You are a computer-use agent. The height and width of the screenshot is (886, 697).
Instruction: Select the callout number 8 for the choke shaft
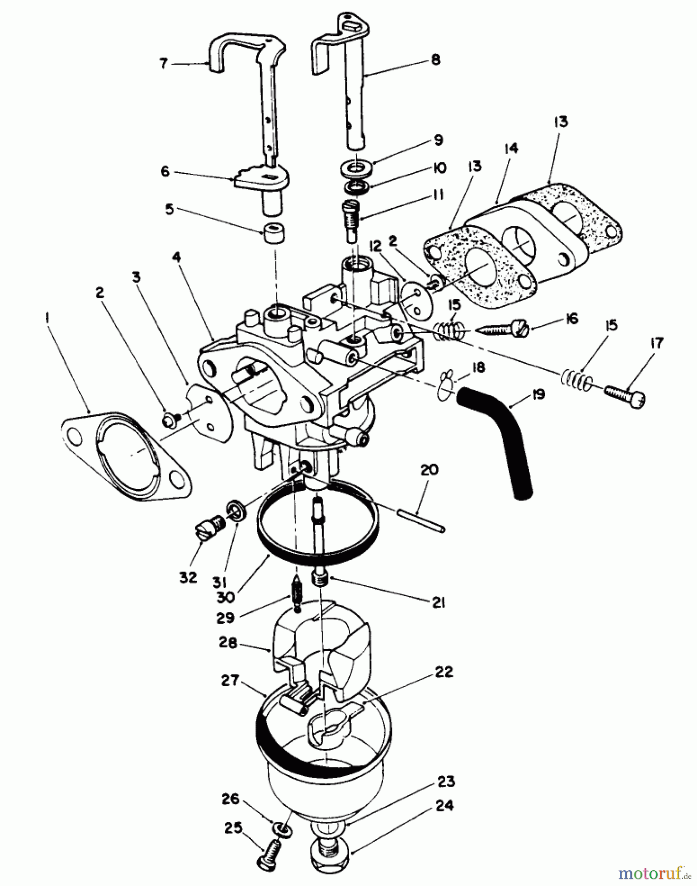434,59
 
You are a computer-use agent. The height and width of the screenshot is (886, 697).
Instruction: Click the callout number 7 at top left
164,63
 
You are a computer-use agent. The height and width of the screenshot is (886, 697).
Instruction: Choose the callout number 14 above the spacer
510,148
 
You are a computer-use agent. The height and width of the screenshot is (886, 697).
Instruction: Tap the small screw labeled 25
267,855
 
